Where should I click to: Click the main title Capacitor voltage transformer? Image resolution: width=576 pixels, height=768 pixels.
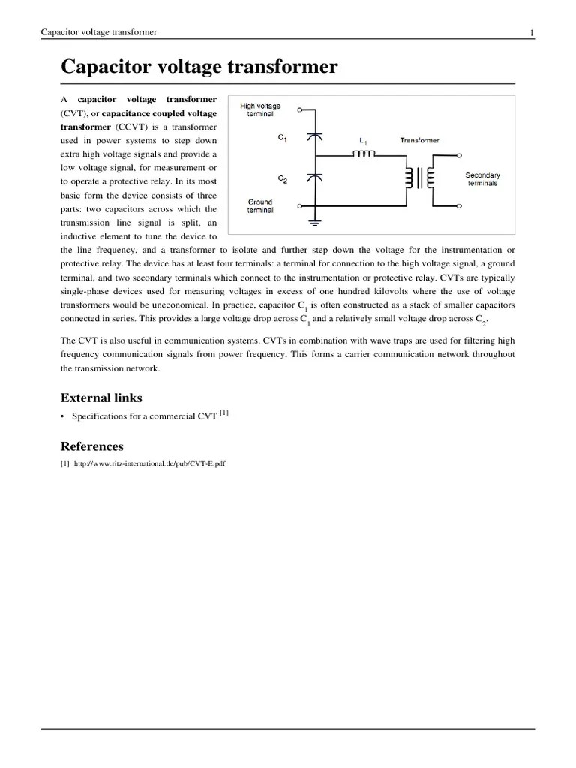[199, 67]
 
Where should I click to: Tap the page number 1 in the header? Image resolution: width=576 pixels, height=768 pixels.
[532, 32]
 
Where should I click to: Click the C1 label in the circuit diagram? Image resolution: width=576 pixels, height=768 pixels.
[282, 139]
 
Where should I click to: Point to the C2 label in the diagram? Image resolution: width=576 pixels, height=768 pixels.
[282, 180]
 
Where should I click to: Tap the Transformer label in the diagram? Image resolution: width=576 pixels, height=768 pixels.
[420, 140]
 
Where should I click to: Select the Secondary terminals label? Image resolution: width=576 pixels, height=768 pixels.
[482, 179]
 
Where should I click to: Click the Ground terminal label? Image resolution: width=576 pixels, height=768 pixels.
[260, 206]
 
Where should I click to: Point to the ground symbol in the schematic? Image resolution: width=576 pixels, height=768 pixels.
[316, 223]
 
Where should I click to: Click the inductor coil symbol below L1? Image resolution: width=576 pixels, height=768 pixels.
[365, 154]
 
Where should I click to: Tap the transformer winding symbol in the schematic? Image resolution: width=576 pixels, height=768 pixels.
[420, 178]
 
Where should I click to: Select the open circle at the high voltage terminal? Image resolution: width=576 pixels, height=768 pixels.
[299, 109]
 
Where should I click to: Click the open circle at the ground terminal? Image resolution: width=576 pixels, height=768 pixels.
[299, 205]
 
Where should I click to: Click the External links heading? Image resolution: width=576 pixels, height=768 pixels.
[100, 397]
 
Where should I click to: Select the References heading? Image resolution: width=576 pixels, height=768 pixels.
[91, 445]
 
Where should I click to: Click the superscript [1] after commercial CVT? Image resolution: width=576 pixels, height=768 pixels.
[224, 412]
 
